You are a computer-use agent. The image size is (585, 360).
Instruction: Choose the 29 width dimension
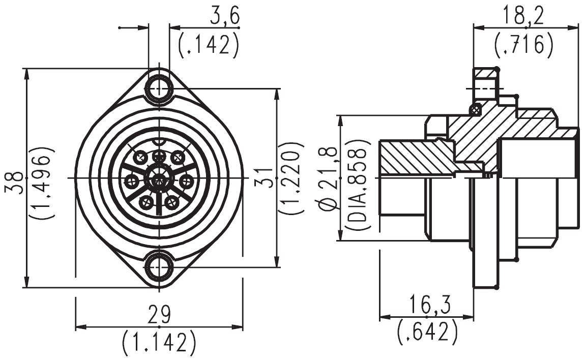click(x=159, y=314)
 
